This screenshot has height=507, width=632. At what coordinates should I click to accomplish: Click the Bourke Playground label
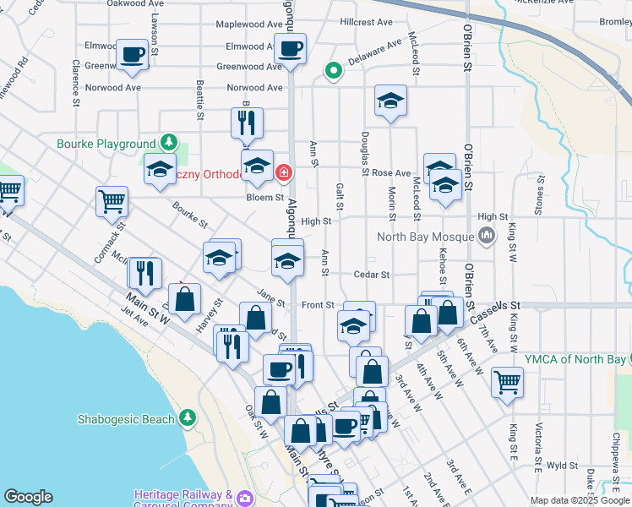[x=106, y=144]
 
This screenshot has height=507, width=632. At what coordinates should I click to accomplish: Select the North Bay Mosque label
[x=425, y=237]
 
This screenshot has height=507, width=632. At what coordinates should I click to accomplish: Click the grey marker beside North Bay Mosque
[x=486, y=237]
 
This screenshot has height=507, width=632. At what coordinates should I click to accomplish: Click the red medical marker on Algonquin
[x=283, y=174]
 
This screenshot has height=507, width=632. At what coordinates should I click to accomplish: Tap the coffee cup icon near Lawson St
[x=133, y=54]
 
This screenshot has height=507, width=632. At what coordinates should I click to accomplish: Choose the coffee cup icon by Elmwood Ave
[x=291, y=47]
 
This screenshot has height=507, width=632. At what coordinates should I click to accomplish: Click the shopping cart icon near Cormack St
[x=112, y=200]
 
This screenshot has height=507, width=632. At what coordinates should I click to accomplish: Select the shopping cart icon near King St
[x=507, y=381]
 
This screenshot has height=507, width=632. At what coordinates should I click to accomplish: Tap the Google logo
[x=28, y=497]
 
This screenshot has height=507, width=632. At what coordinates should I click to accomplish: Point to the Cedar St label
[x=372, y=275]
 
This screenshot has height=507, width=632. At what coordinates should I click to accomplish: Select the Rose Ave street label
[x=391, y=172]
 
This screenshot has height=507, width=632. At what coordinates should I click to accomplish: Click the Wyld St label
[x=561, y=465]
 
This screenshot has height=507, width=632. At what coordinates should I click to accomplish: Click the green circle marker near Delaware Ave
[x=334, y=71]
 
